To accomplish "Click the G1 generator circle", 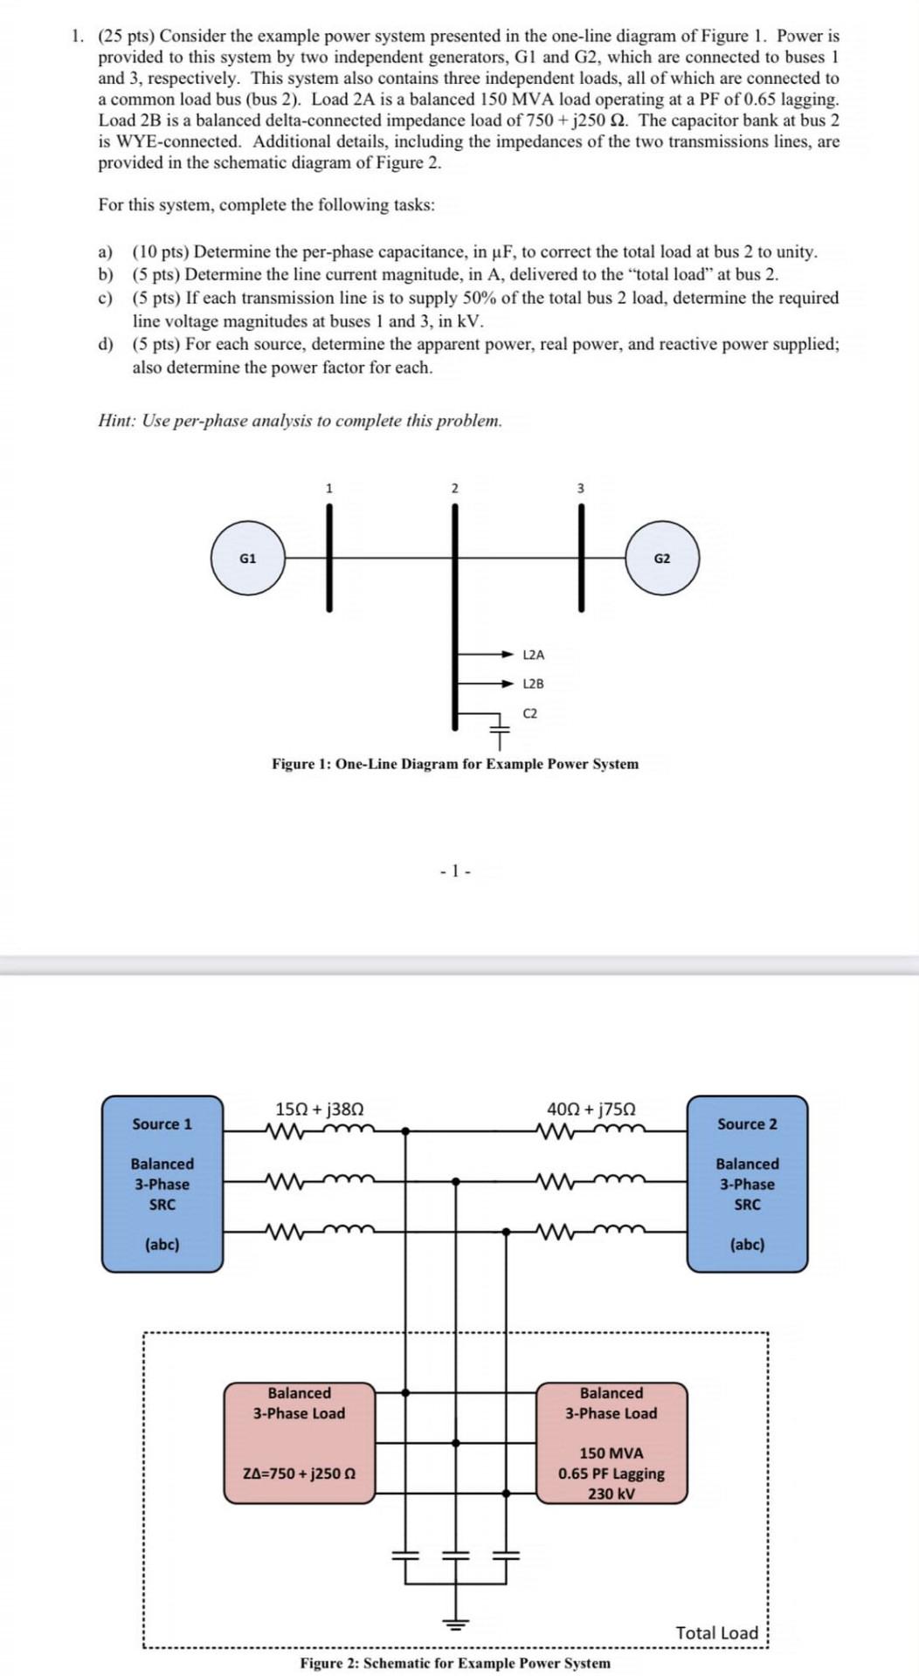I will click(248, 559).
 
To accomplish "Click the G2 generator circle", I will click(662, 559).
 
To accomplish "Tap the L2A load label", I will click(533, 655).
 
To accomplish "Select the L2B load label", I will click(533, 683).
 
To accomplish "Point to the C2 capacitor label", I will click(530, 713).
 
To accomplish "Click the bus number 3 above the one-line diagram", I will click(580, 488).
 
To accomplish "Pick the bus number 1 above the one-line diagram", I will click(328, 488).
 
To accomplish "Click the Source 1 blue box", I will click(162, 1183).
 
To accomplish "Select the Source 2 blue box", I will click(747, 1183).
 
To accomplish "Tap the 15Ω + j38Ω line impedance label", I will click(319, 1109).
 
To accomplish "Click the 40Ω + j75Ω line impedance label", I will click(591, 1109).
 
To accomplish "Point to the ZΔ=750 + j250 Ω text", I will click(299, 1473).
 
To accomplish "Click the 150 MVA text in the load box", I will click(612, 1453).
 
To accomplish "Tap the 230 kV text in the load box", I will click(612, 1494).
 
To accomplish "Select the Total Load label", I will click(716, 1632).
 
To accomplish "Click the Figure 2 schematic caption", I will click(455, 1663).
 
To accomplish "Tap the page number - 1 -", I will click(455, 870).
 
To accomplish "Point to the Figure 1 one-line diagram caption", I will click(455, 764).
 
